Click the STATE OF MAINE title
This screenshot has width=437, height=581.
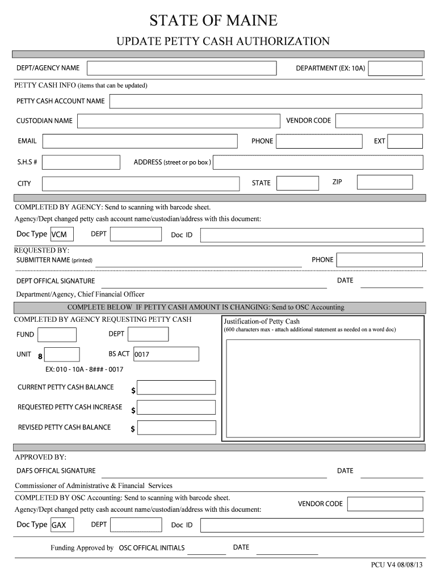pyautogui.click(x=213, y=21)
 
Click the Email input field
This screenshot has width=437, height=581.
pyautogui.click(x=140, y=141)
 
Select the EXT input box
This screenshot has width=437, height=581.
pyautogui.click(x=405, y=141)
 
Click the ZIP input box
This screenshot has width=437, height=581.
pyautogui.click(x=385, y=182)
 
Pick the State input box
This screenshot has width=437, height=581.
pyautogui.click(x=298, y=183)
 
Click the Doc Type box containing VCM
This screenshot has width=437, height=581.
pyautogui.click(x=62, y=234)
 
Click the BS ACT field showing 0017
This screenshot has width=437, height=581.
pyautogui.click(x=166, y=354)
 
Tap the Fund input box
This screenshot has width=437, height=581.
pyautogui.click(x=57, y=334)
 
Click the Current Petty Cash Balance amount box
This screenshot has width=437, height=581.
pyautogui.click(x=176, y=388)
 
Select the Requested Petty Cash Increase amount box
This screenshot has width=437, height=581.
pyautogui.click(x=176, y=407)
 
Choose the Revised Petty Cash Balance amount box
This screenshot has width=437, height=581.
pyautogui.click(x=176, y=427)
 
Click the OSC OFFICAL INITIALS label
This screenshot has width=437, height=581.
pyautogui.click(x=152, y=548)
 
